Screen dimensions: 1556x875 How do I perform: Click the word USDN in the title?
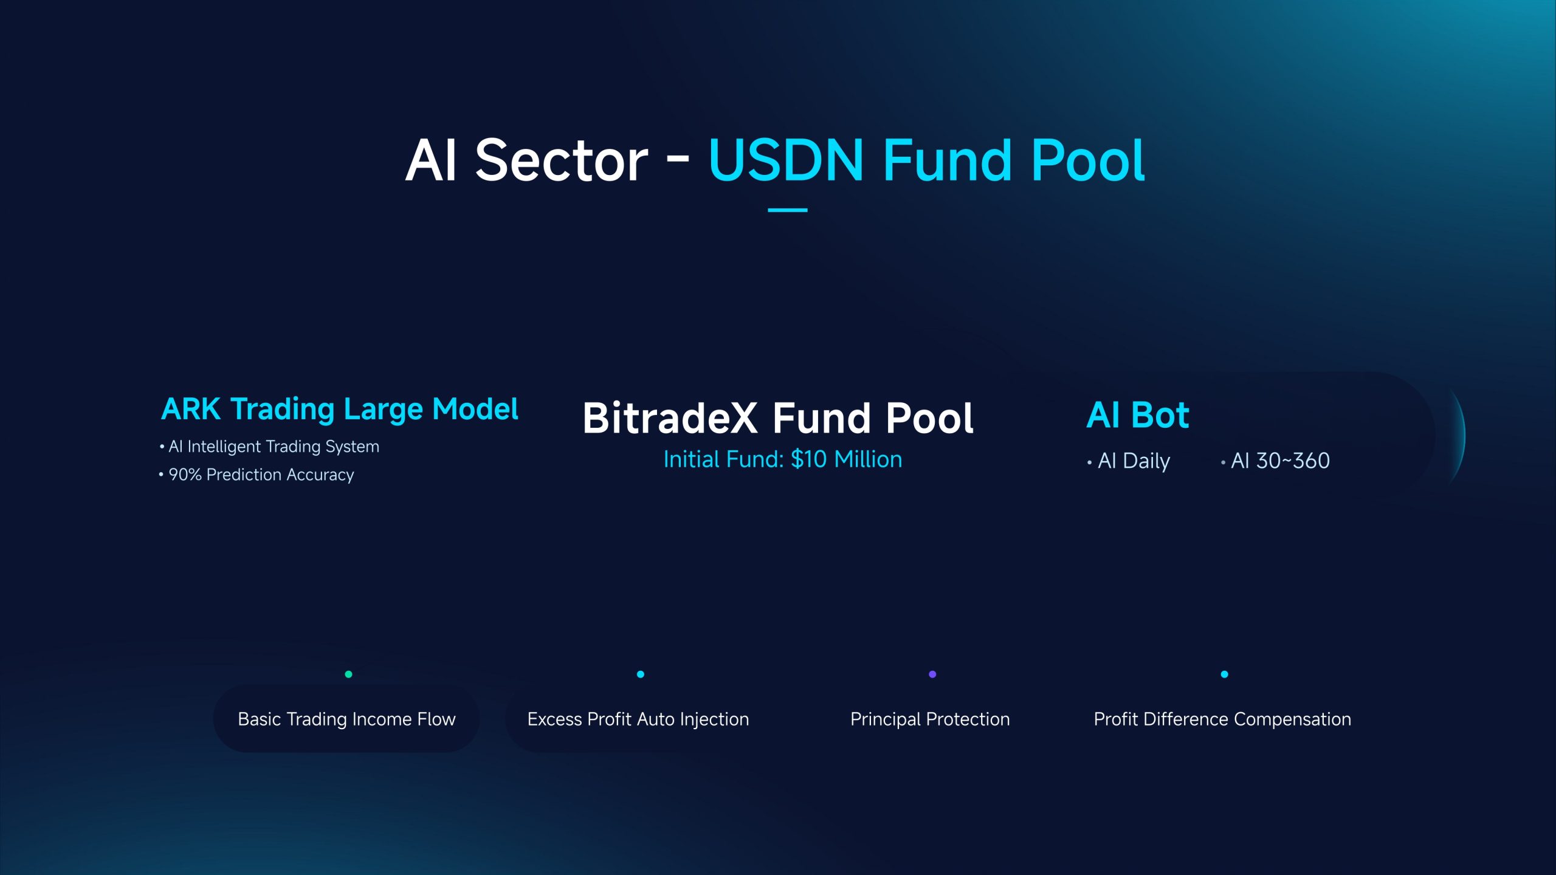786,160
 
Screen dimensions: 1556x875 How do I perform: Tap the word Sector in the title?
562,160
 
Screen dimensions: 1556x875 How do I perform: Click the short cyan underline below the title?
787,210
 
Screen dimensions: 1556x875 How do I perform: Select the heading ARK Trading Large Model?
340,410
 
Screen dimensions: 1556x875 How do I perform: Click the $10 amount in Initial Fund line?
809,459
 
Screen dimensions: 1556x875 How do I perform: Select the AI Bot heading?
1138,416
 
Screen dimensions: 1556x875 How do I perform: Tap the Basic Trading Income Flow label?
346,719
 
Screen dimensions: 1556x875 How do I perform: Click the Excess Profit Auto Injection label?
638,719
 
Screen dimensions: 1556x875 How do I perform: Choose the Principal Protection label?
930,719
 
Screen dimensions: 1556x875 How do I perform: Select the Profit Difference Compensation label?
1222,719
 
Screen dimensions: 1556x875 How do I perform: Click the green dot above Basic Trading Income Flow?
348,674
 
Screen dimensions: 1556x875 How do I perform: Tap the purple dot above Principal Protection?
932,674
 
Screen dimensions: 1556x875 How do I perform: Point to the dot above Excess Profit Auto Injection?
640,674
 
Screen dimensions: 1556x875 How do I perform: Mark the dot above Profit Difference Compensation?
1224,674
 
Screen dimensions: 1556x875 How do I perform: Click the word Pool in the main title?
1088,160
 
